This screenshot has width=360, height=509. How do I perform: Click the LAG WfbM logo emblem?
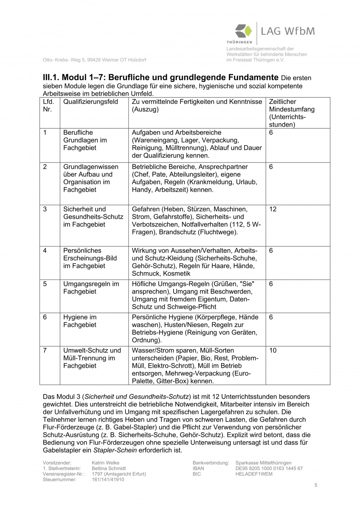click(x=244, y=32)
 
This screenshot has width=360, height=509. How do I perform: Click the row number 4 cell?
click(x=45, y=250)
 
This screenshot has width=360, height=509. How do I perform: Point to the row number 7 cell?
click(x=45, y=350)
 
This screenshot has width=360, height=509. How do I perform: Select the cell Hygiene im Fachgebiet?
click(x=80, y=321)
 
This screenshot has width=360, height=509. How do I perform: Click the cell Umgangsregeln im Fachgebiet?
click(x=91, y=288)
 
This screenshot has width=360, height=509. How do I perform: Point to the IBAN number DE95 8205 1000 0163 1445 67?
click(x=269, y=468)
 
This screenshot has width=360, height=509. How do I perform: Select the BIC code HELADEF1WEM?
click(x=254, y=474)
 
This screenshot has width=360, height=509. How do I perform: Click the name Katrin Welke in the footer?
click(x=105, y=463)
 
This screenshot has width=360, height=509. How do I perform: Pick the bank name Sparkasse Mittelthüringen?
click(x=264, y=463)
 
